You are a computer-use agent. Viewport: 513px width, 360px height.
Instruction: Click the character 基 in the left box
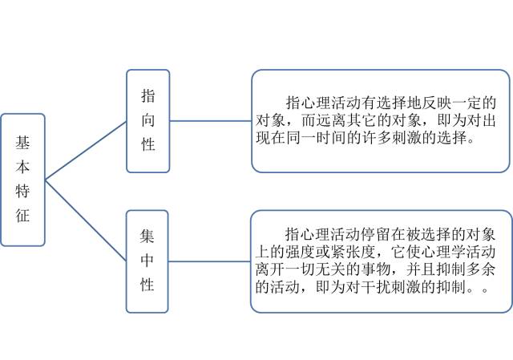click(x=22, y=143)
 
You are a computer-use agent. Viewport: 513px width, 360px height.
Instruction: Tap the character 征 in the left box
click(x=22, y=215)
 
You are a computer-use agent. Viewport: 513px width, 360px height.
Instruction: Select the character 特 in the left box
click(x=22, y=191)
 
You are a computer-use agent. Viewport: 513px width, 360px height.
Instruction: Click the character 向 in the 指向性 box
click(x=148, y=120)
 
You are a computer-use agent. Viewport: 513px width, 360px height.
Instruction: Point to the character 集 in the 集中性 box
click(x=147, y=236)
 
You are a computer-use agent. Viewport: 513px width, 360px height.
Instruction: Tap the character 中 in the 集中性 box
click(x=147, y=261)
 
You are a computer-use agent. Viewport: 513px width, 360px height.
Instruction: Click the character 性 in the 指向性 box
click(x=148, y=144)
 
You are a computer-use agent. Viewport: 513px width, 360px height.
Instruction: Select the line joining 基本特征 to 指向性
click(x=86, y=151)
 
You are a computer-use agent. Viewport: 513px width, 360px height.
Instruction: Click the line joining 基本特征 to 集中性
click(x=86, y=220)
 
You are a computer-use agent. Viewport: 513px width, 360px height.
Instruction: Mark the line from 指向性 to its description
click(x=211, y=121)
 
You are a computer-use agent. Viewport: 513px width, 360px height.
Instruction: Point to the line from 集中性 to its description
click(x=209, y=261)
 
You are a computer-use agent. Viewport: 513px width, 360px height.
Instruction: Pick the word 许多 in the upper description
click(x=377, y=138)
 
